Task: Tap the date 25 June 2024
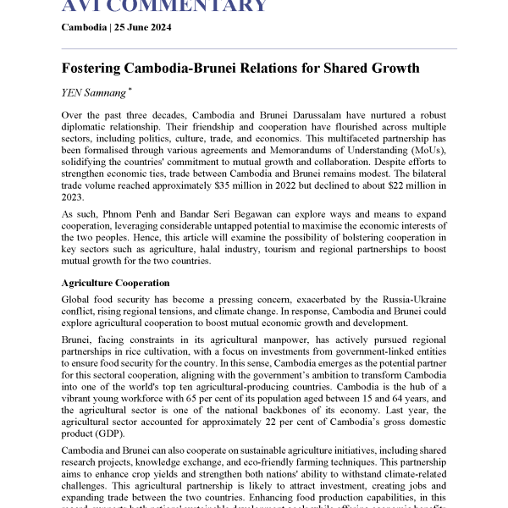tap(146, 28)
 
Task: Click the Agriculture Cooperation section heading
tap(115, 282)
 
